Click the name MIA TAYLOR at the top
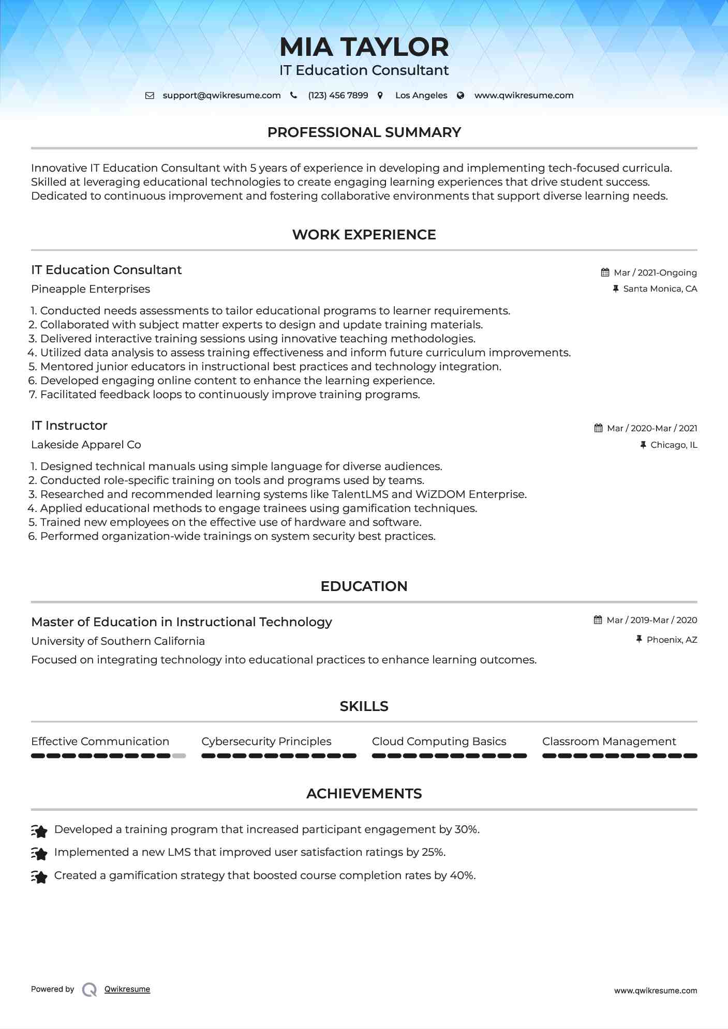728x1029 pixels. (364, 47)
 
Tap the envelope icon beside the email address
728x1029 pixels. (150, 96)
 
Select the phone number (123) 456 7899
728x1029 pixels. (338, 96)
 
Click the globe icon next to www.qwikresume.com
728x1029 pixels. (460, 96)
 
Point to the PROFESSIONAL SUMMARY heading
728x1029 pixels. (364, 132)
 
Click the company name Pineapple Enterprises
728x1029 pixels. (91, 289)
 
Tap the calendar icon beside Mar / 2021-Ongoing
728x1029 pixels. (605, 273)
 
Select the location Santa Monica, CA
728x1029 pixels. (660, 289)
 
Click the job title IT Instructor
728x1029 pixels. (69, 426)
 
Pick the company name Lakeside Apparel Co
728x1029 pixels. (86, 445)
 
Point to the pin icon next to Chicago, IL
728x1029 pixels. (643, 445)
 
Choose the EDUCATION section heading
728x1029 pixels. (364, 586)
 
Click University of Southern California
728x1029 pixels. (118, 641)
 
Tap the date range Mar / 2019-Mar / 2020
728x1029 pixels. (651, 620)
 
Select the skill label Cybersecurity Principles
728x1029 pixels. (266, 742)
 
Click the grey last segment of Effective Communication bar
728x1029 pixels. (179, 756)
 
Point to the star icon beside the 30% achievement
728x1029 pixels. (39, 830)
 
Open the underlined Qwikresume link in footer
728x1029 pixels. (127, 989)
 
